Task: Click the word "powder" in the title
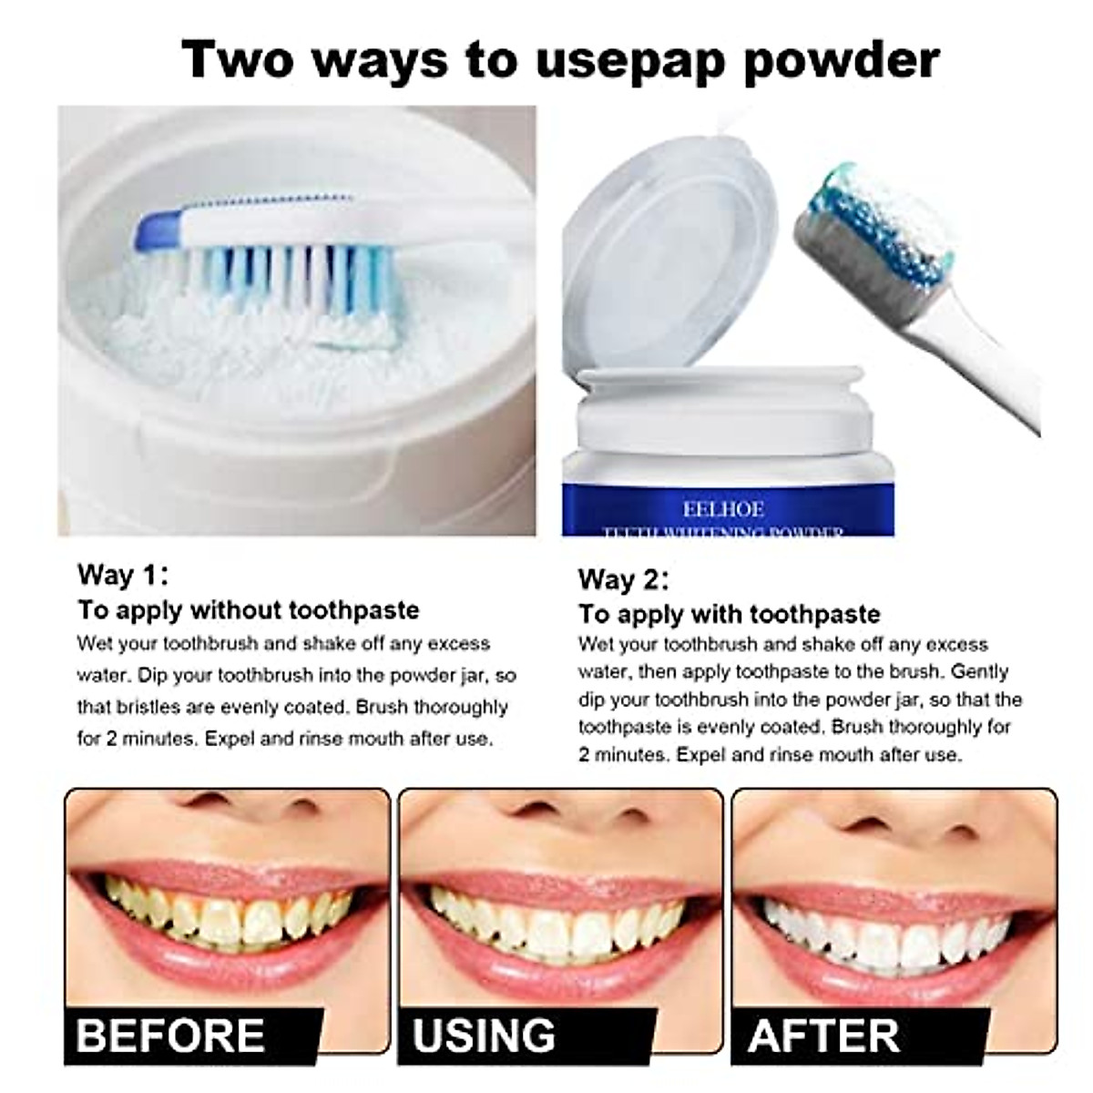tap(842, 59)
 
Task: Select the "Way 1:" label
tap(122, 575)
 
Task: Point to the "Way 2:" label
tap(623, 579)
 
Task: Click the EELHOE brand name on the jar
tap(723, 509)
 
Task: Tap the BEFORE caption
tap(171, 1036)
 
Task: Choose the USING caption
tap(484, 1036)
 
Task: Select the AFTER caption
tap(823, 1036)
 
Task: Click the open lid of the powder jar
tap(669, 264)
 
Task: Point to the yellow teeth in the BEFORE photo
tap(228, 915)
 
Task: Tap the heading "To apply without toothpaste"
tap(248, 609)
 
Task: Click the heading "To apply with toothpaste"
tap(729, 614)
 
